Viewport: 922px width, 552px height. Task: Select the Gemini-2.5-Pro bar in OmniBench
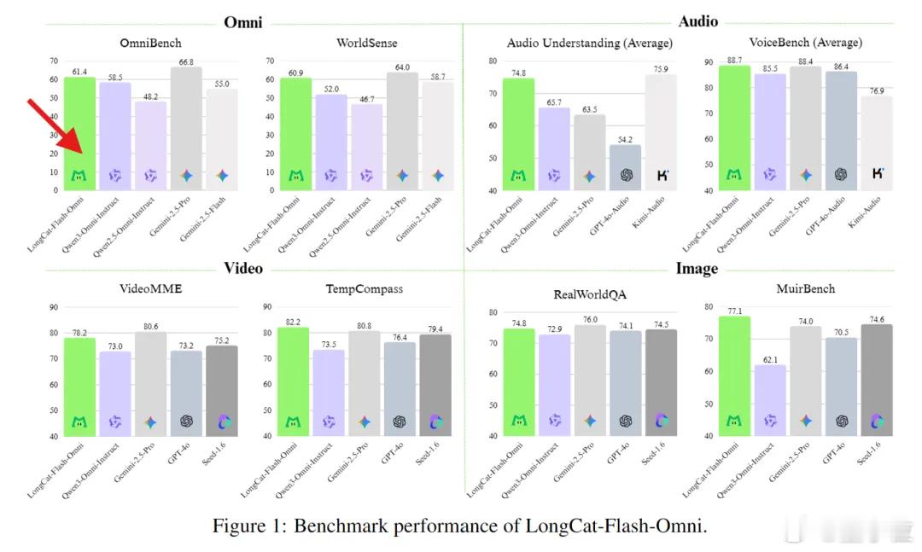[186, 128]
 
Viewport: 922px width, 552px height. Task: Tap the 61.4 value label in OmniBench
[80, 71]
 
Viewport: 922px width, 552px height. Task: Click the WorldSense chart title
[367, 42]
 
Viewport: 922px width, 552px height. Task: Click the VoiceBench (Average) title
[805, 42]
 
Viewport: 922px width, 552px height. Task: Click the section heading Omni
[242, 21]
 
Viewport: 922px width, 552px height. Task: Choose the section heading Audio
[697, 21]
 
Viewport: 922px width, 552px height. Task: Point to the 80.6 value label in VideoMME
[151, 326]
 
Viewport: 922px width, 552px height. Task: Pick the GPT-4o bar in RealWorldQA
[626, 383]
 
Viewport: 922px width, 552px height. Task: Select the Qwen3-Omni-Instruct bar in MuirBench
[770, 400]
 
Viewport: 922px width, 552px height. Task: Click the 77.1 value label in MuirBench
[733, 311]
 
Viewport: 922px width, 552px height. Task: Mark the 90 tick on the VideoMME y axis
[54, 307]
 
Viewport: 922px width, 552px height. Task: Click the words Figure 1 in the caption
[248, 526]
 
